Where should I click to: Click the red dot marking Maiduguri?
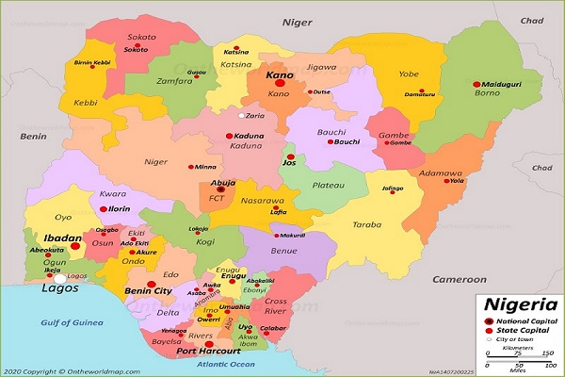click(x=476, y=84)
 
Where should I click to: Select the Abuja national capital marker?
click(x=219, y=189)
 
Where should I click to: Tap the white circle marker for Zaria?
click(x=241, y=116)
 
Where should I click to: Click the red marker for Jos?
click(x=291, y=156)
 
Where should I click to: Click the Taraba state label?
click(x=366, y=225)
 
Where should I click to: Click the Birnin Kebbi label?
click(x=92, y=62)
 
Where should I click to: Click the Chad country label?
click(x=532, y=20)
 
